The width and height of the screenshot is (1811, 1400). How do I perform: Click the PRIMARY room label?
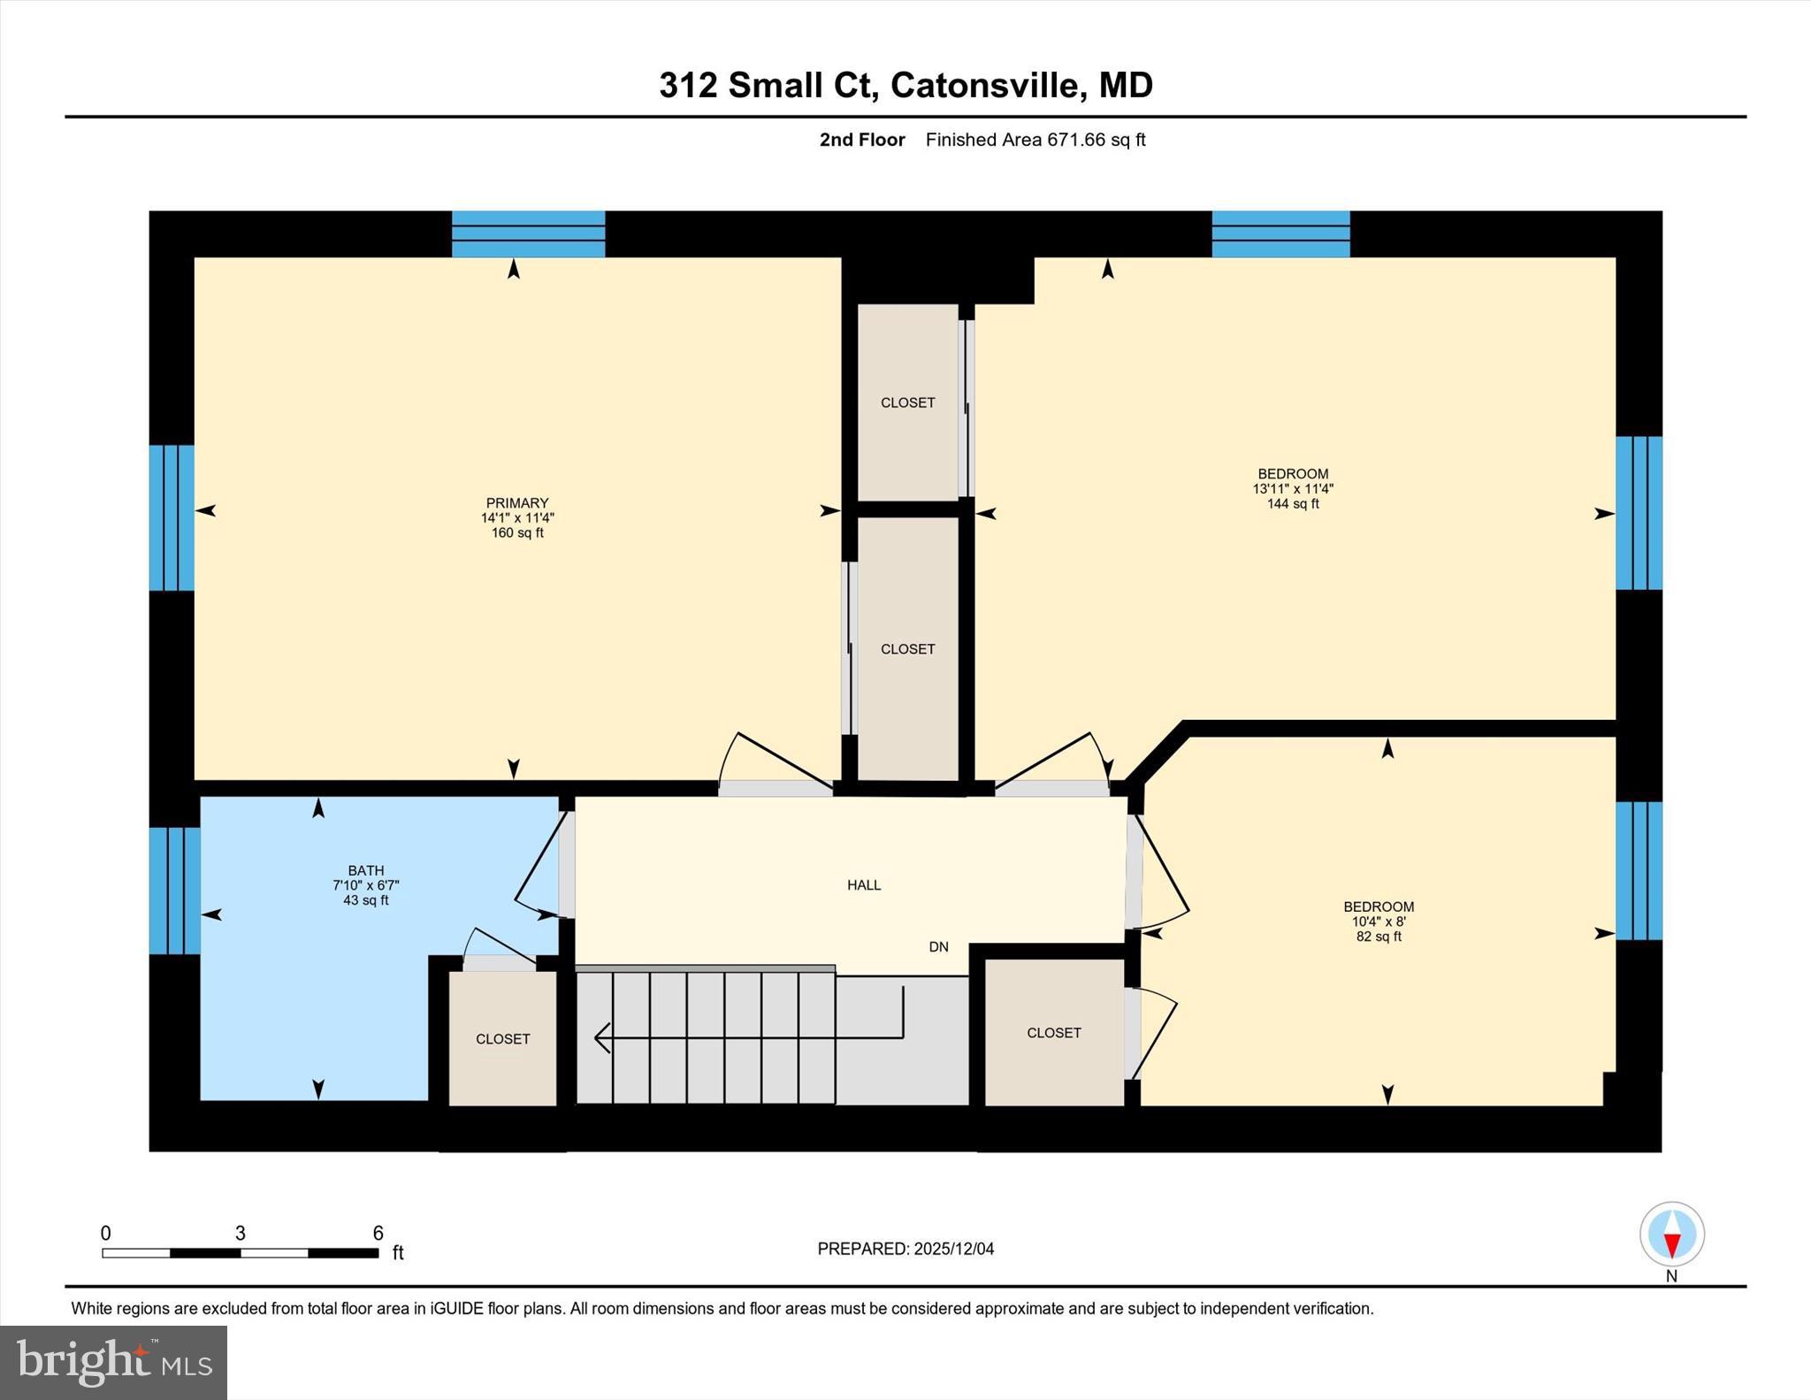point(517,502)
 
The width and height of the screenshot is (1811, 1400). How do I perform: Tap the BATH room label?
point(365,870)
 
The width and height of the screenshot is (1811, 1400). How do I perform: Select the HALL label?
point(863,884)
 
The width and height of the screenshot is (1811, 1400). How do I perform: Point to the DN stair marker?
point(938,946)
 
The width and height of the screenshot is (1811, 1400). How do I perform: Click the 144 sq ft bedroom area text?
point(1292,504)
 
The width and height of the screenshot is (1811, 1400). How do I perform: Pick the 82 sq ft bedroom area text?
point(1378,937)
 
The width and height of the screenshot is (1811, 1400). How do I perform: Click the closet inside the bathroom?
point(502,1038)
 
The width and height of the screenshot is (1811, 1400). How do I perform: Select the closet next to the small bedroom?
point(1053,1032)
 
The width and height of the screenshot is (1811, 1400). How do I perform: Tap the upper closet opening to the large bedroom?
point(907,402)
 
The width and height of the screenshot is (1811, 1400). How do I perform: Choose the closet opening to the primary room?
point(907,648)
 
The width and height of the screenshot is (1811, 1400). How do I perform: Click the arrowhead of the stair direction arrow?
point(602,1037)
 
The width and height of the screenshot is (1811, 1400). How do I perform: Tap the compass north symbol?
point(1671,1234)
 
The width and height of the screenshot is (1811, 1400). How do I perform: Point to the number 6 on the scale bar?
point(378,1233)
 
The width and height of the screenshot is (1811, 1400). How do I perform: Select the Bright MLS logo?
point(113,1362)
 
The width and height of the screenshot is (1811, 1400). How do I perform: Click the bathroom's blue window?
point(174,891)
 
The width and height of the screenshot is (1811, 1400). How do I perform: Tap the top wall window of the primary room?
point(528,233)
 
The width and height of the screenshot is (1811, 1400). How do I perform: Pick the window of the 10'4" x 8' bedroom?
point(1639,870)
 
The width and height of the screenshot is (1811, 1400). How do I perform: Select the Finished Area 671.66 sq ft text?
point(1035,140)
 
